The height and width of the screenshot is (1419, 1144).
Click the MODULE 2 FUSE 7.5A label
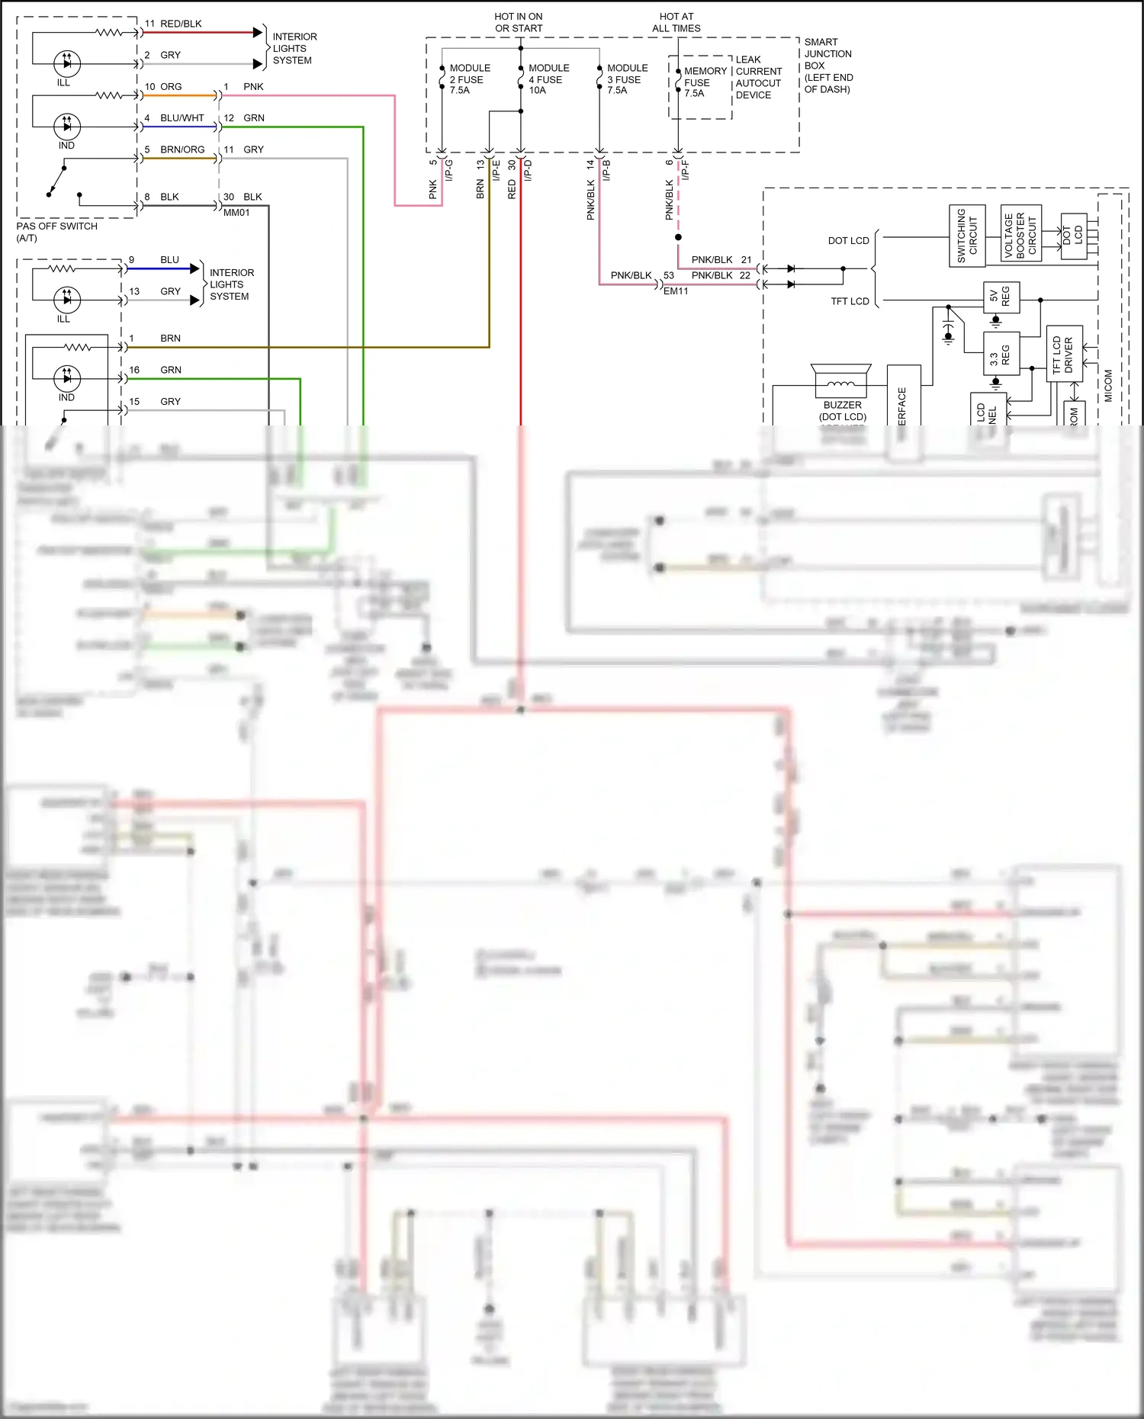[x=469, y=79]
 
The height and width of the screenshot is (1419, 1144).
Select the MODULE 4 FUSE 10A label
[x=548, y=79]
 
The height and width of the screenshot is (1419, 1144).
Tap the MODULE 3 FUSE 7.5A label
[x=626, y=79]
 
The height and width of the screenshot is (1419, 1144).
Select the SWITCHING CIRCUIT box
[x=966, y=236]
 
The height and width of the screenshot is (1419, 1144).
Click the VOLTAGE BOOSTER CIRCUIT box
[x=1020, y=233]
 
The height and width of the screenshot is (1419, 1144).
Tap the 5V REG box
[x=1001, y=297]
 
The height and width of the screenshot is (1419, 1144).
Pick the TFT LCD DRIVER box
[x=1063, y=354]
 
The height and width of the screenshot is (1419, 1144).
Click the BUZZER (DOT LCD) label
[x=842, y=410]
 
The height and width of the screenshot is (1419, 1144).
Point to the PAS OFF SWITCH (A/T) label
[x=56, y=232]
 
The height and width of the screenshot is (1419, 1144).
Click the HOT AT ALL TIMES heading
[x=676, y=22]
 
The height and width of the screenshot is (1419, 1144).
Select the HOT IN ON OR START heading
[x=519, y=22]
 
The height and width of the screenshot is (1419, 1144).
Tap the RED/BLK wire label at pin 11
[x=181, y=24]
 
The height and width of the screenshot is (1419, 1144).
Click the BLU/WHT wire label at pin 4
[x=182, y=118]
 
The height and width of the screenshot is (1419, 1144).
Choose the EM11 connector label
[x=676, y=291]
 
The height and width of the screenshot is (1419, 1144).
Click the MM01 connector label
[x=236, y=213]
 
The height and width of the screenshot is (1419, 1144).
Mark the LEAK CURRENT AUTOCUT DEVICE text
[x=757, y=77]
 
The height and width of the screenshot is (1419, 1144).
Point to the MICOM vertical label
[x=1108, y=385]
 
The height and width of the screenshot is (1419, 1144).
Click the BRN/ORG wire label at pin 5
[x=182, y=149]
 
